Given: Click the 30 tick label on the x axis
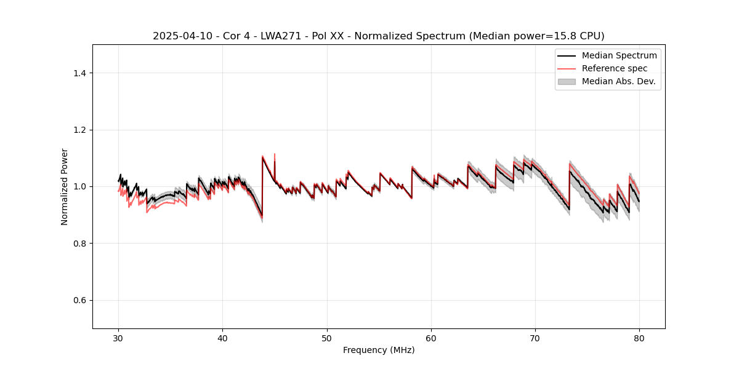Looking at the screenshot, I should click(119, 338).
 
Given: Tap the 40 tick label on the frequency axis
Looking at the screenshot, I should click(223, 338).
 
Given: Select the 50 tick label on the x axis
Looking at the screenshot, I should click(327, 338).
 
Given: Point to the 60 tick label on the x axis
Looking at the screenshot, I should click(431, 338).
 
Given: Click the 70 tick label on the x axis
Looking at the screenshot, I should click(535, 338).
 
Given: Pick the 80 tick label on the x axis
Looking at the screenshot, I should click(639, 338).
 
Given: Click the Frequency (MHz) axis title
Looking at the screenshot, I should click(379, 350).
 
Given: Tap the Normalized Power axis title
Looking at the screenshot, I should click(65, 186).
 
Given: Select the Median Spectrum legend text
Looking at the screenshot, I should click(619, 56).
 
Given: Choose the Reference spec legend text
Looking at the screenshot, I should click(614, 68).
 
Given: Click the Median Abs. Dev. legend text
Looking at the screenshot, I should click(618, 81).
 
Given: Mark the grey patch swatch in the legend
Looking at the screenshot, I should click(567, 81).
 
